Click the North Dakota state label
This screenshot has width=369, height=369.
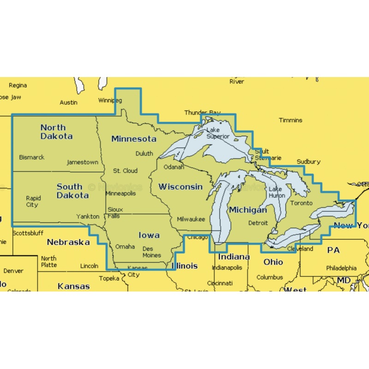[x=56, y=132]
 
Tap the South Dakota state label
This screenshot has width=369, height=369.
[x=72, y=191]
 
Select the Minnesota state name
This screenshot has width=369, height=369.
[x=134, y=139]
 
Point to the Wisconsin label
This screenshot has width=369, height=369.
[x=180, y=187]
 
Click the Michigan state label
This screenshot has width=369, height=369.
[x=248, y=210]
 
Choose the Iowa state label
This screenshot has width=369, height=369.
[x=149, y=235]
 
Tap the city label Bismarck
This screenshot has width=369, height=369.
[x=32, y=157]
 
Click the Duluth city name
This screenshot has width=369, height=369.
[x=144, y=154]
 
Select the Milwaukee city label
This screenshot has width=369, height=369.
[x=190, y=220]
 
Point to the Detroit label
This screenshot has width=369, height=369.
[x=258, y=223]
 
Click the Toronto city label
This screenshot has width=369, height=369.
[x=302, y=203]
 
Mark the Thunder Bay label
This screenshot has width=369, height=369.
[x=202, y=113]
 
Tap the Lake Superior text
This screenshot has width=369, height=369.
[x=218, y=133]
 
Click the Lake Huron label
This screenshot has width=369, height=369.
[x=277, y=192]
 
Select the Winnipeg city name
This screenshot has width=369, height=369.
[x=110, y=100]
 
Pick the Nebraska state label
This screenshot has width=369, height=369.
[x=68, y=242]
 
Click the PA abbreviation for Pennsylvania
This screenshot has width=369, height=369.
[x=333, y=250]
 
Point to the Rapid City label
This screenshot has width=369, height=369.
[x=33, y=202]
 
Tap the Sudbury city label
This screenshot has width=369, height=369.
[x=309, y=162]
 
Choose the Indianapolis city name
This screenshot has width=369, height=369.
[x=227, y=268]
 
